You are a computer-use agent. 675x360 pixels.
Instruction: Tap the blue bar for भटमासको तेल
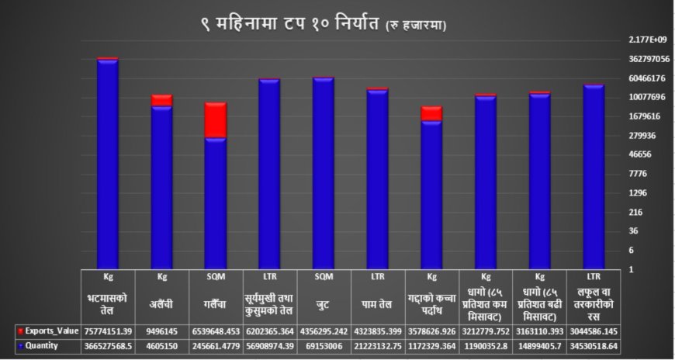108,163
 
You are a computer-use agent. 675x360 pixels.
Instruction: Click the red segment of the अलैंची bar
161,100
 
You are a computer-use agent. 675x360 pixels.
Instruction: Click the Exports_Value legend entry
47,330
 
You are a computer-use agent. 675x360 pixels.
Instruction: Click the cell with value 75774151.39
108,330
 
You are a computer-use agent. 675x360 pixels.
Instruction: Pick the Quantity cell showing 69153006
324,346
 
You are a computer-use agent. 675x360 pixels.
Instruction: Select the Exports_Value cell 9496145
161,330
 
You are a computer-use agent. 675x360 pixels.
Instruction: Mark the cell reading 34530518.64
594,346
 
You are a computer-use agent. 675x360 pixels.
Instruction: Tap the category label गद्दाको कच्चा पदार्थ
431,303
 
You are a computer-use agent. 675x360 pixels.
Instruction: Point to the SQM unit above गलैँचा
216,277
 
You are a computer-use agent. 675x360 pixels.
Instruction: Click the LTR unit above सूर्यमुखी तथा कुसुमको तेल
270,277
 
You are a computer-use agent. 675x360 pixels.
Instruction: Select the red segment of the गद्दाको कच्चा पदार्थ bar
431,114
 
